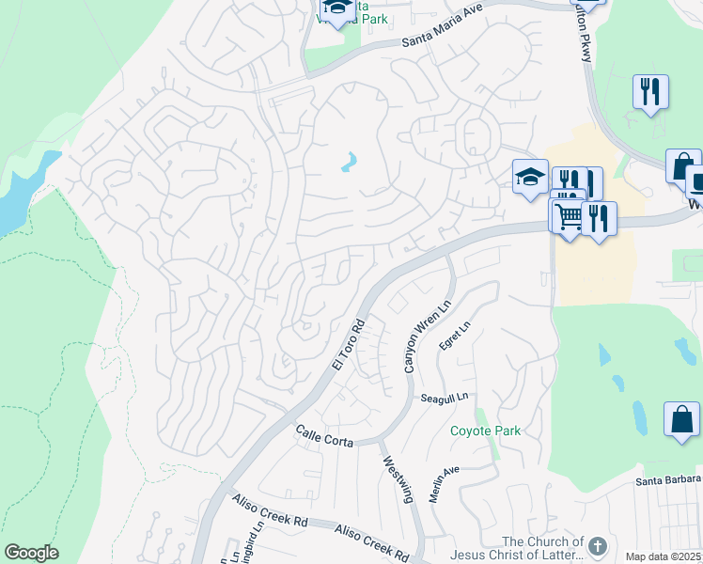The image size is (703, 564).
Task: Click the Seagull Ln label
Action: click(444, 398)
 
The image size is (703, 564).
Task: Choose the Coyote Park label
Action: click(485, 431)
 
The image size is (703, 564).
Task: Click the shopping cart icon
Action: click(567, 216)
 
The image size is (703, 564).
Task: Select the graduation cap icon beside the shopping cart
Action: click(530, 175)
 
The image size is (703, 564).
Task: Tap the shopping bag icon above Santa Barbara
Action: click(680, 419)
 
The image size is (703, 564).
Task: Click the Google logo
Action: click(31, 553)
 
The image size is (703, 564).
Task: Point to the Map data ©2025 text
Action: click(663, 556)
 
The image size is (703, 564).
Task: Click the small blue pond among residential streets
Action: click(349, 163)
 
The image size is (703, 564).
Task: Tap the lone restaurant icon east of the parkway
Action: click(649, 91)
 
